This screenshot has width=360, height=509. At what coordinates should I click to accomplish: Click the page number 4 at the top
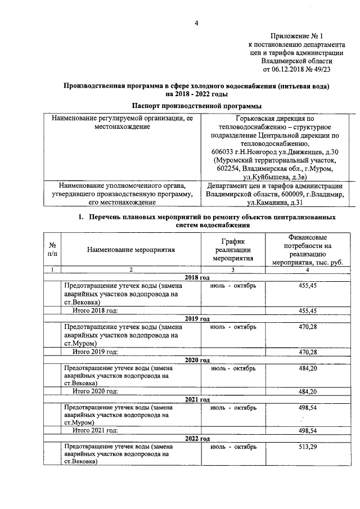point(196,23)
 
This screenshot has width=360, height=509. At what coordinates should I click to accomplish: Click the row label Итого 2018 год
point(95,310)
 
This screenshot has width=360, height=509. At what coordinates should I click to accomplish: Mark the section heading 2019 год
point(197,318)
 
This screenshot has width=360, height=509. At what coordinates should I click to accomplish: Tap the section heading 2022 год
point(197,439)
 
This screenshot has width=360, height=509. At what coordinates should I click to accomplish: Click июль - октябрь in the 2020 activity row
point(233,368)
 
